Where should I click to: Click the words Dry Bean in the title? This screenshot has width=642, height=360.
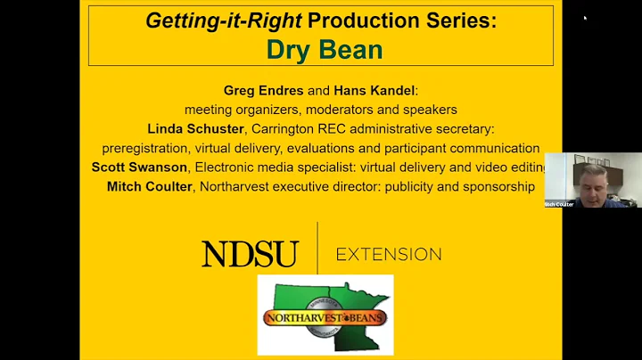(x=325, y=49)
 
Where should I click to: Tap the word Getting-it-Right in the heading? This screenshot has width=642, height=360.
(x=204, y=20)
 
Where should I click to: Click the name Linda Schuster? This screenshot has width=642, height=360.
(x=200, y=128)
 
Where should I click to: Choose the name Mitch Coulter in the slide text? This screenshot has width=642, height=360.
(x=151, y=186)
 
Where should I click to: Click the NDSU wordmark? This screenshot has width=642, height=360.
(x=250, y=255)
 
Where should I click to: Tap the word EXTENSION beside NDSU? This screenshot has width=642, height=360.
(x=389, y=255)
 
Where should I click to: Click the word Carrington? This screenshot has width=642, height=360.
(x=299, y=128)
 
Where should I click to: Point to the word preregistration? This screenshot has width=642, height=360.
(x=154, y=148)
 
